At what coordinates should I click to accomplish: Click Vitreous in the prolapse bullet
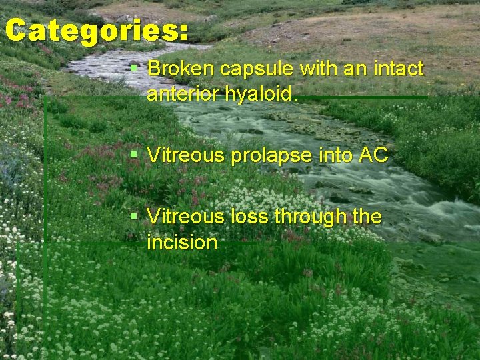pos(187,156)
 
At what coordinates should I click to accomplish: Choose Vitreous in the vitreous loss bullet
pos(187,217)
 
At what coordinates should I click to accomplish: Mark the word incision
pos(182,243)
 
